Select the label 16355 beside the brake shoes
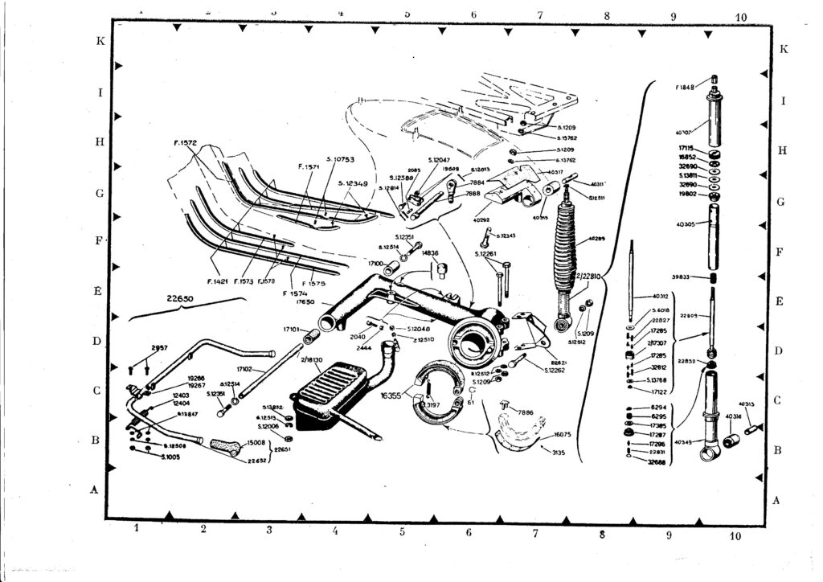[390, 396]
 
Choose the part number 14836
[430, 253]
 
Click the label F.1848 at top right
[686, 86]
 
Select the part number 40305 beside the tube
[687, 225]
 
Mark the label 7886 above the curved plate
[526, 412]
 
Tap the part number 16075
[561, 434]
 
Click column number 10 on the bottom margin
[734, 535]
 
